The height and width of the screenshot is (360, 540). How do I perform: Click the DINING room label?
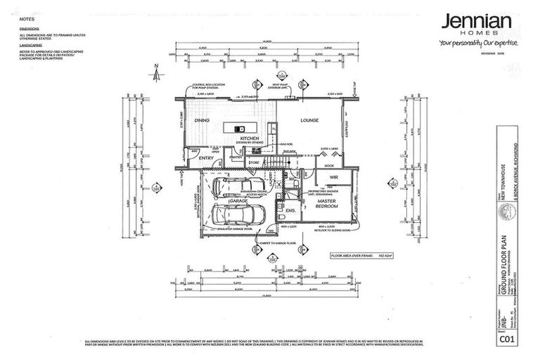pyautogui.click(x=202, y=121)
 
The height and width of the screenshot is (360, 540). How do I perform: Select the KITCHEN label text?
pyautogui.click(x=250, y=139)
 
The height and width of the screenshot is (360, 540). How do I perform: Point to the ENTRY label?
pyautogui.click(x=206, y=159)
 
